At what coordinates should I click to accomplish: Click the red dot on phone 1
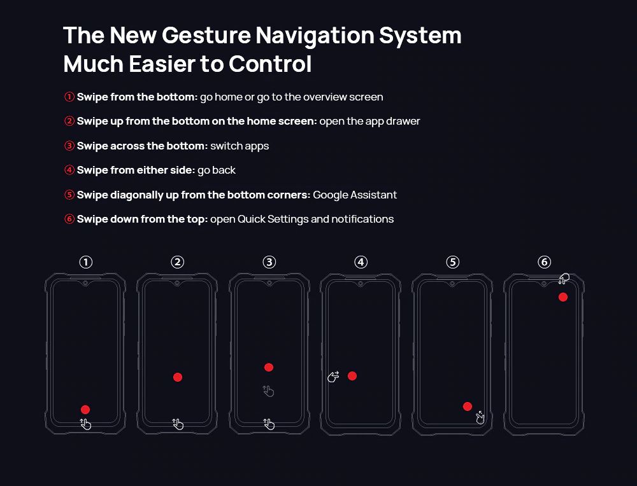pyautogui.click(x=85, y=409)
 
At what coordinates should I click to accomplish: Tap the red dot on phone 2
pyautogui.click(x=178, y=377)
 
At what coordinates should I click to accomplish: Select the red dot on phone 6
pyautogui.click(x=563, y=297)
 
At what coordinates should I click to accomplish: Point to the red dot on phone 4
pyautogui.click(x=352, y=376)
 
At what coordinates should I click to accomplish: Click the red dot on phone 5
pyautogui.click(x=468, y=406)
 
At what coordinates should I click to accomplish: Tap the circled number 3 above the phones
pyautogui.click(x=269, y=262)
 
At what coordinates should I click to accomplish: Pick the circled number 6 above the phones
pyautogui.click(x=545, y=262)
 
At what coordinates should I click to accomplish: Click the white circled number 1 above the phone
pyautogui.click(x=86, y=262)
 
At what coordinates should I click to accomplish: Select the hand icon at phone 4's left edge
pyautogui.click(x=333, y=377)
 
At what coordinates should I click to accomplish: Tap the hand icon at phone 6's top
pyautogui.click(x=564, y=279)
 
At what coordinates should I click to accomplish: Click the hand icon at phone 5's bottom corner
pyautogui.click(x=480, y=417)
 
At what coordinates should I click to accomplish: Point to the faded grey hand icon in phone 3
pyautogui.click(x=268, y=391)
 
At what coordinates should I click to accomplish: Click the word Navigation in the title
pyautogui.click(x=315, y=35)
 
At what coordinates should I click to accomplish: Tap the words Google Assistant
pyautogui.click(x=355, y=195)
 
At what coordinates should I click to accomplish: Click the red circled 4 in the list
pyautogui.click(x=69, y=170)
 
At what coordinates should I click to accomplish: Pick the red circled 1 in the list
pyautogui.click(x=69, y=97)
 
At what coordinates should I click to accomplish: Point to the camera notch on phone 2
pyautogui.click(x=177, y=283)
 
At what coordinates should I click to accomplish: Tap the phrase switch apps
pyautogui.click(x=240, y=146)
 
